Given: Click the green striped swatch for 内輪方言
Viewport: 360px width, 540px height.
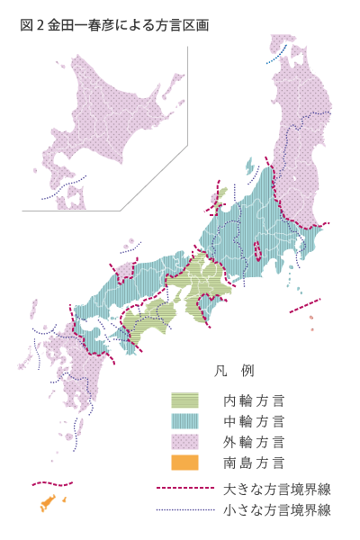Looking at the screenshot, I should [184, 400].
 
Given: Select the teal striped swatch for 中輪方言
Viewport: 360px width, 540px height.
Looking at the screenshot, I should [184, 420].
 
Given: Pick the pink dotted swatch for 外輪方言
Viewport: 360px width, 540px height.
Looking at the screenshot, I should [184, 442].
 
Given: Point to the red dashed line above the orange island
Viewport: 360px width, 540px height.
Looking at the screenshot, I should [52, 484].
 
